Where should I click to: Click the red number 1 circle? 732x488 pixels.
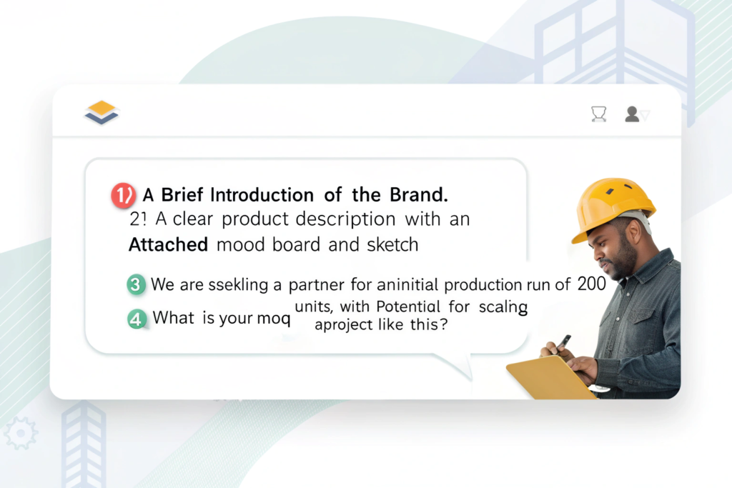click(x=123, y=195)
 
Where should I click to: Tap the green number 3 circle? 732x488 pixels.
click(x=136, y=284)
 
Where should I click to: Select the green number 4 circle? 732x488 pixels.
click(x=137, y=319)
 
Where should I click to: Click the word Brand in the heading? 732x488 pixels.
click(x=418, y=195)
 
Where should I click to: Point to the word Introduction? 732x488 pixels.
click(x=262, y=195)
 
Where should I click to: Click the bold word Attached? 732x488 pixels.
click(x=168, y=245)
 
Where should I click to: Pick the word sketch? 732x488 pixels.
click(x=392, y=244)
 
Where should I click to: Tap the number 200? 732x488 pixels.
click(x=591, y=284)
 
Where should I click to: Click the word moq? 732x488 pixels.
click(x=274, y=319)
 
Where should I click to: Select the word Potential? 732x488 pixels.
click(x=408, y=307)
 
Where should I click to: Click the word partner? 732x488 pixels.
click(x=316, y=284)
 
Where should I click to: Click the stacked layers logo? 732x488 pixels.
click(x=102, y=112)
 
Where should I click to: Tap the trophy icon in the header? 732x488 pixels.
click(x=598, y=114)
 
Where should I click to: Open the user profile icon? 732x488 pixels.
click(x=632, y=114)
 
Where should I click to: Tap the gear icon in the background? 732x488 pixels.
click(x=21, y=433)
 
